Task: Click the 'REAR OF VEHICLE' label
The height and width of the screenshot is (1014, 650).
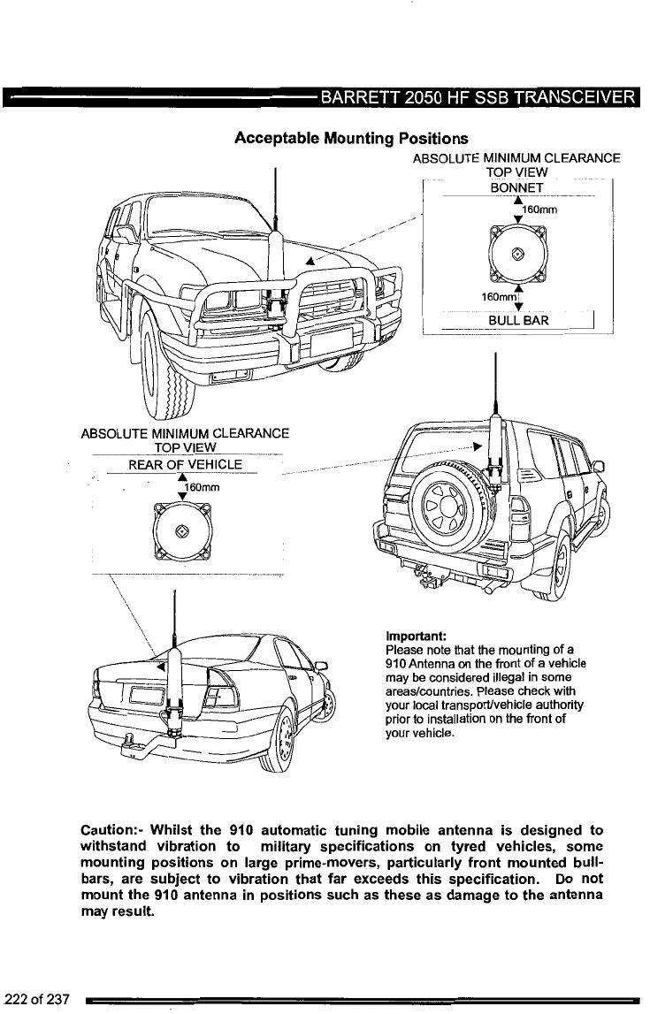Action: pyautogui.click(x=180, y=467)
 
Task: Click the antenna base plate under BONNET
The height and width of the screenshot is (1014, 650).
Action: pyautogui.click(x=517, y=251)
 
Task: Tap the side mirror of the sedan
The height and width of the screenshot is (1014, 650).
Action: pyautogui.click(x=322, y=666)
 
